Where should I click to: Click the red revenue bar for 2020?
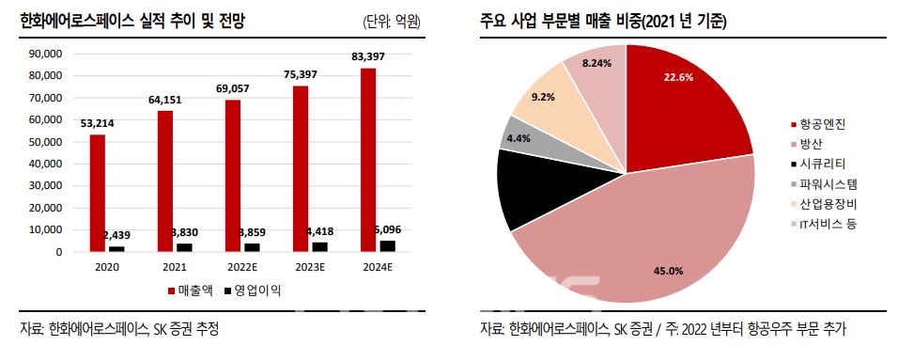pos(98,193)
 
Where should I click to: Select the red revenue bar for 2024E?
pos(367,160)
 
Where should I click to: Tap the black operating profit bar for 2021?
pos(184,247)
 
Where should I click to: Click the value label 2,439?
pos(117,235)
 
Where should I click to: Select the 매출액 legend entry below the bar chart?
pos(191,291)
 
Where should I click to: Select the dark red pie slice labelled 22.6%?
pos(681,103)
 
